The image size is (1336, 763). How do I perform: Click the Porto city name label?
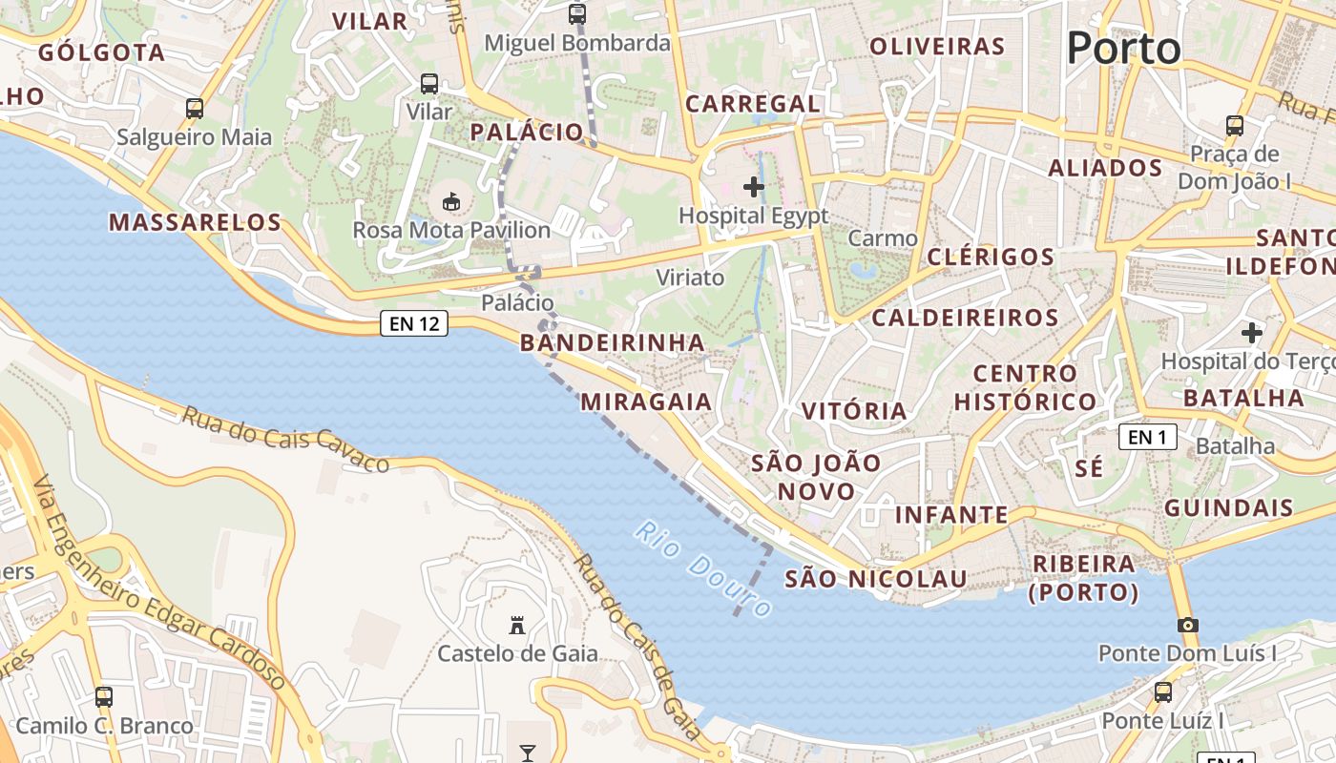pyautogui.click(x=1123, y=48)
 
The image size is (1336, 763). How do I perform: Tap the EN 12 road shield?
pyautogui.click(x=414, y=323)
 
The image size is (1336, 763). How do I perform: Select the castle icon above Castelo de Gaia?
pyautogui.click(x=517, y=626)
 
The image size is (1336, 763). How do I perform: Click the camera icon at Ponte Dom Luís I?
pyautogui.click(x=1187, y=625)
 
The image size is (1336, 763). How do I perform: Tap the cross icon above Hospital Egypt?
pyautogui.click(x=754, y=187)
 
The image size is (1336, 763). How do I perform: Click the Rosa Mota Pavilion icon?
pyautogui.click(x=451, y=201)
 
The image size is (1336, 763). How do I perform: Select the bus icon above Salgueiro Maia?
pyautogui.click(x=195, y=109)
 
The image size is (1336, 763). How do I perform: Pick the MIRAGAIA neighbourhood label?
pyautogui.click(x=646, y=402)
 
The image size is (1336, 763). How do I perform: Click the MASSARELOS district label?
pyautogui.click(x=195, y=223)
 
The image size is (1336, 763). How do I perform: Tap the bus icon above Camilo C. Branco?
pyautogui.click(x=104, y=697)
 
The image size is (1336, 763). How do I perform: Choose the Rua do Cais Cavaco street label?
pyautogui.click(x=285, y=439)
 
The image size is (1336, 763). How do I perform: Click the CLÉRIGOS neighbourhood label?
pyautogui.click(x=991, y=257)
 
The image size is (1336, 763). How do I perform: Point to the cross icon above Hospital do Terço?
pyautogui.click(x=1251, y=333)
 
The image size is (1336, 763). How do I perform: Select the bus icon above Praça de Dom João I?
pyautogui.click(x=1234, y=125)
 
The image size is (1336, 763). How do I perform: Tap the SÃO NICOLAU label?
pyautogui.click(x=875, y=579)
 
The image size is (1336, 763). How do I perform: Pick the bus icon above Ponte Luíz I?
pyautogui.click(x=1162, y=692)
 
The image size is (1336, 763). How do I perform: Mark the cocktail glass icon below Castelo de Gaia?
pyautogui.click(x=527, y=753)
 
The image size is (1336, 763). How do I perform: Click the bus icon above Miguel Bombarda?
pyautogui.click(x=577, y=14)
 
